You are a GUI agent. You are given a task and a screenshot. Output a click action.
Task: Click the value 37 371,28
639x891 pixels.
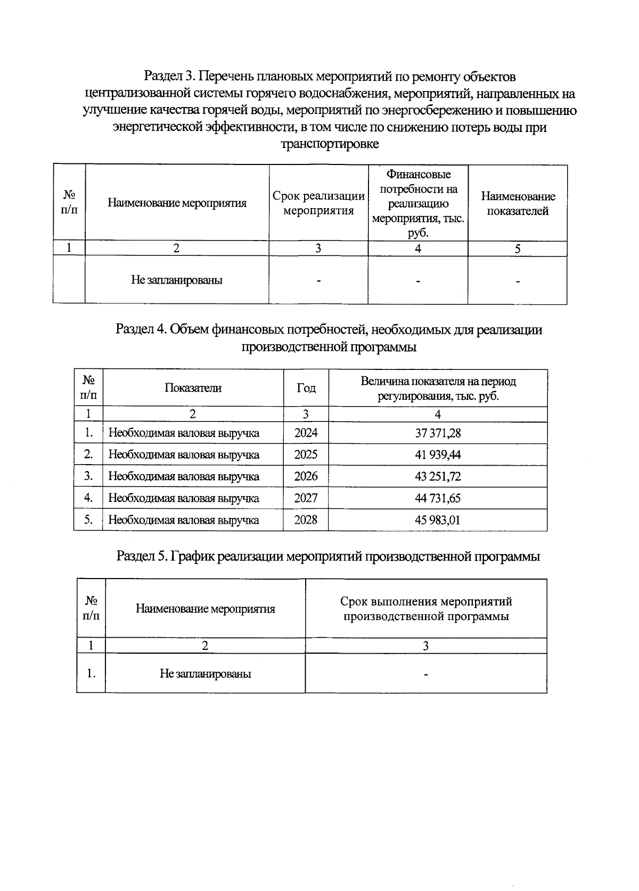pos(438,433)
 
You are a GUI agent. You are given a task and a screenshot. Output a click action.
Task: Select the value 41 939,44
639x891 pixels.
pos(438,455)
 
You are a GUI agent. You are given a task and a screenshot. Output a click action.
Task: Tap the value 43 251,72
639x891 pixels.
pos(438,476)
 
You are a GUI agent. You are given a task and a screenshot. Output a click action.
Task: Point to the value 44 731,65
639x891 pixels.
pos(438,498)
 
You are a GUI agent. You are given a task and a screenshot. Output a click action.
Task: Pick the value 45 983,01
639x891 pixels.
pos(438,520)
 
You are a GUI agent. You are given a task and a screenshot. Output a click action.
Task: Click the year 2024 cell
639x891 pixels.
pos(306,433)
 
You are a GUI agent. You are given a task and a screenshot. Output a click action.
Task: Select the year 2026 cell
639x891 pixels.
pos(306,476)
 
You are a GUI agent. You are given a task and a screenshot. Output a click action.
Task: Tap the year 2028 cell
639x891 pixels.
pos(306,520)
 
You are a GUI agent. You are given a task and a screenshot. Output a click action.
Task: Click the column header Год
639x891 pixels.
pos(306,388)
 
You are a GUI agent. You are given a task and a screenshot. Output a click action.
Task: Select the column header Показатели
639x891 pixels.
pos(193,388)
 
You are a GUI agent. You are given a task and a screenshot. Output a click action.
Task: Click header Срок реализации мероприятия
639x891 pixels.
pos(318,203)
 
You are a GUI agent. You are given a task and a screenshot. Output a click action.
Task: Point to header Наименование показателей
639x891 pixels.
pos(518,203)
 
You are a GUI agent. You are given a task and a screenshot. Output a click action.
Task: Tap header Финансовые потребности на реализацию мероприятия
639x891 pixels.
pos(418,203)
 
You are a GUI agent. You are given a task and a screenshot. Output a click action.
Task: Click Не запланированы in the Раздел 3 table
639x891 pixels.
pos(177,280)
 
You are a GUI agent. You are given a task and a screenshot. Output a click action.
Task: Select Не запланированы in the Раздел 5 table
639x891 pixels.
pos(205,674)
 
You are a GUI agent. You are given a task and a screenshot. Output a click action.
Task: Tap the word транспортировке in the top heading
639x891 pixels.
pos(330,144)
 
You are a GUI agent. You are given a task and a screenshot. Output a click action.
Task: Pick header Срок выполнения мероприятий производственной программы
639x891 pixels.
pos(426,609)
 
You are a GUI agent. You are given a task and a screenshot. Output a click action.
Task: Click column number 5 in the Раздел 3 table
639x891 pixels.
pos(518,249)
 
